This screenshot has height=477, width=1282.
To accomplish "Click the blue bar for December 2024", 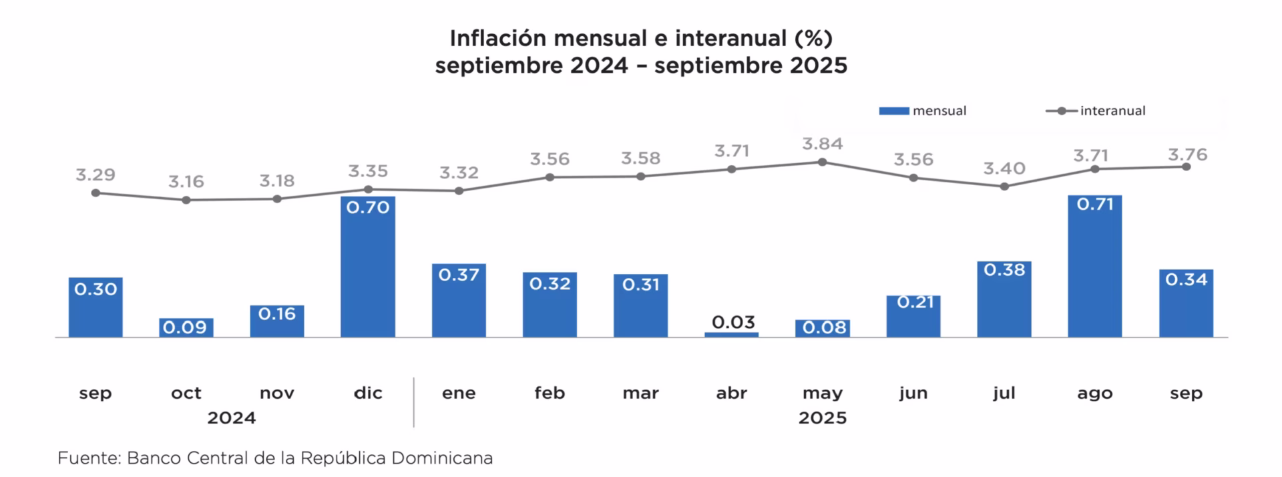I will (x=368, y=267).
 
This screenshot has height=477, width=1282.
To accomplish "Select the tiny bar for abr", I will (x=732, y=334).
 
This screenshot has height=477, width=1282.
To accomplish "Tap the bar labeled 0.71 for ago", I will (x=1095, y=267).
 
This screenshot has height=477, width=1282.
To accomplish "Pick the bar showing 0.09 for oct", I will (x=186, y=327).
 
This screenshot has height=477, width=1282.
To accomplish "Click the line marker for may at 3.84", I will (x=823, y=162).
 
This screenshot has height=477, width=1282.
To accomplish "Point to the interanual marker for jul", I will (x=1004, y=187).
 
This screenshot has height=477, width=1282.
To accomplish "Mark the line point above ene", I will (x=459, y=191).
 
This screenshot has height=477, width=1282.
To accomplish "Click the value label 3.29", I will (x=95, y=175).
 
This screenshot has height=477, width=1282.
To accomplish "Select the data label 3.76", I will (x=1188, y=155).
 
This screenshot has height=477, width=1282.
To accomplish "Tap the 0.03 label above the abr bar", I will (x=733, y=322).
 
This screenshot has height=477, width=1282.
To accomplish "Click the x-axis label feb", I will (x=550, y=393).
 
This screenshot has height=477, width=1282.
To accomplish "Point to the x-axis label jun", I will (x=913, y=393).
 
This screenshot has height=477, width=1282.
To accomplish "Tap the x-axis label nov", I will (x=277, y=393).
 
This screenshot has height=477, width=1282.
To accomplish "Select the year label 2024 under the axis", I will (x=232, y=418).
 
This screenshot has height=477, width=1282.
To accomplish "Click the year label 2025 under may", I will (x=823, y=418).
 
